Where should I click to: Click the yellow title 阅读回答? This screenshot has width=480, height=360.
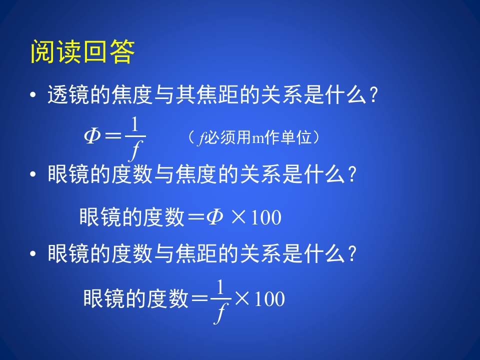pyautogui.click(x=82, y=52)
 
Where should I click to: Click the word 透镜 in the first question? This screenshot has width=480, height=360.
pyautogui.click(x=68, y=94)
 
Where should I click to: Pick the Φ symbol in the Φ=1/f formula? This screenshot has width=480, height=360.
pyautogui.click(x=93, y=136)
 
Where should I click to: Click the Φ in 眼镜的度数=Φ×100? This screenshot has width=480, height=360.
pyautogui.click(x=214, y=217)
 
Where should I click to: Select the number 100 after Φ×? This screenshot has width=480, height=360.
pyautogui.click(x=265, y=218)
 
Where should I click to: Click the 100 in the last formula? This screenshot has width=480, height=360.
pyautogui.click(x=269, y=299)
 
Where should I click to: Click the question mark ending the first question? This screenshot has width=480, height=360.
pyautogui.click(x=371, y=95)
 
